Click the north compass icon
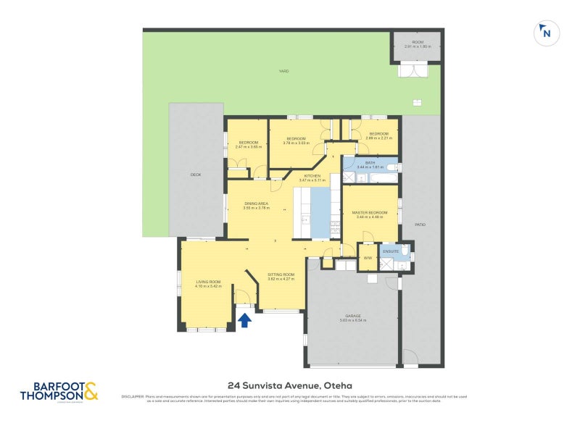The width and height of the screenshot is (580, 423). tap(546, 33)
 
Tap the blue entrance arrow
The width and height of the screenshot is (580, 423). tap(245, 319)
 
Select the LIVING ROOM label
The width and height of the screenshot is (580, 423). tap(207, 282)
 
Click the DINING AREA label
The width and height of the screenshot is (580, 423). tap(256, 204)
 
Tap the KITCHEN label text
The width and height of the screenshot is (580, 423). tap(312, 177)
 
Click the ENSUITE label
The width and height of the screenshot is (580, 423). tap(391, 251)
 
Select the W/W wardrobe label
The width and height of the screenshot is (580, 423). tap(368, 258)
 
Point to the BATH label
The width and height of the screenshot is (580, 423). tap(370, 163)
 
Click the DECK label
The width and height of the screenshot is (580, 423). tap(195, 175)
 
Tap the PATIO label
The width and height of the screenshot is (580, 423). tap(420, 225)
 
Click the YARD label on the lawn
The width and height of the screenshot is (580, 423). tap(284, 71)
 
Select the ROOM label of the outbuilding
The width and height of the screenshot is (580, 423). tap(418, 43)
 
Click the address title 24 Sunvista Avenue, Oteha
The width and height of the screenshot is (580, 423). tap(289, 386)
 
